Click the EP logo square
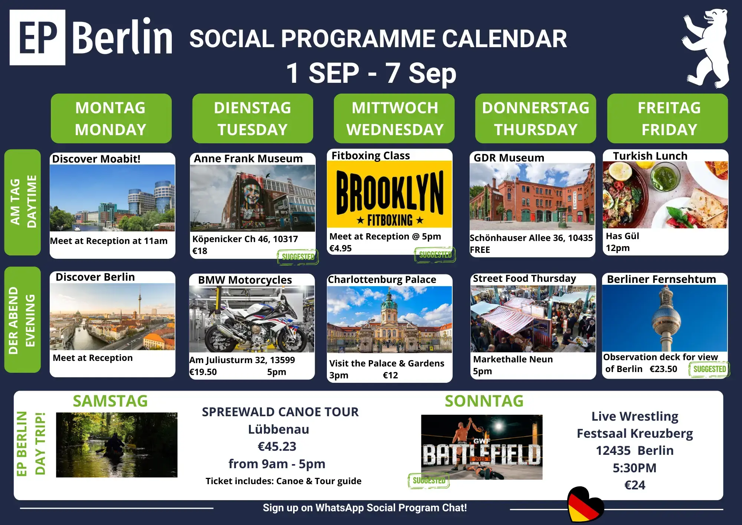tap(37, 37)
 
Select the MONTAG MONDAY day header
tap(111, 118)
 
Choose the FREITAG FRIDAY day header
tap(667, 118)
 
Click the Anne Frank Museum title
tap(248, 159)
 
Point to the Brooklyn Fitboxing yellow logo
tap(390, 194)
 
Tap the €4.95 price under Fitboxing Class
tap(341, 248)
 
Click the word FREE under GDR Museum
tap(480, 250)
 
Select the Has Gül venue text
tap(623, 236)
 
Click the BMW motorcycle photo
tap(252, 319)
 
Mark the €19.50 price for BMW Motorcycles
tap(203, 372)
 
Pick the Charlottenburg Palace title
tap(382, 280)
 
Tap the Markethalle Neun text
tap(513, 359)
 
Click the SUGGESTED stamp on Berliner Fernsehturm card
tap(709, 369)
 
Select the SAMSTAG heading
tap(110, 401)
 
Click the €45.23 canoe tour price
tap(277, 446)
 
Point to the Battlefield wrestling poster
tap(482, 447)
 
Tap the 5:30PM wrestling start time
tap(634, 468)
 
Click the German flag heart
tap(585, 505)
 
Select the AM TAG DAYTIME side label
tap(23, 202)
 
